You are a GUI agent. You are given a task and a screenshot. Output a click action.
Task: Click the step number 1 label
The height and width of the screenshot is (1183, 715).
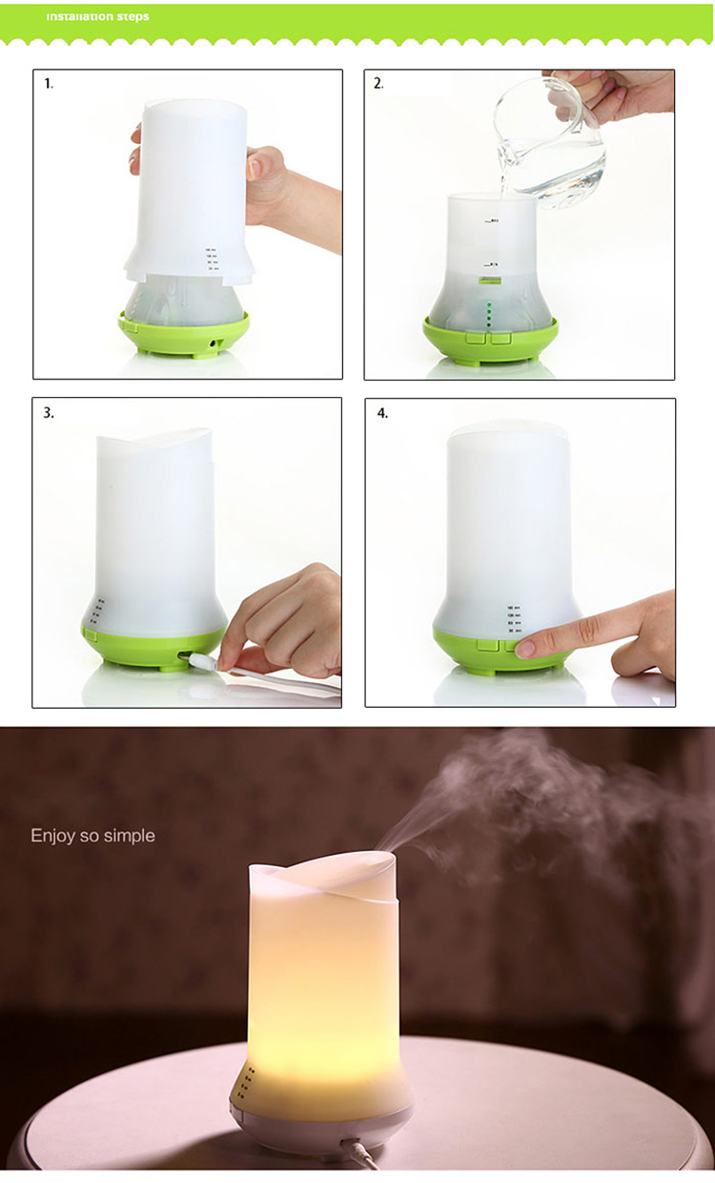pos(49,84)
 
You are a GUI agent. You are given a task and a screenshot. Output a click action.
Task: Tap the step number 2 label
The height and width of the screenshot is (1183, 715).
pos(378,84)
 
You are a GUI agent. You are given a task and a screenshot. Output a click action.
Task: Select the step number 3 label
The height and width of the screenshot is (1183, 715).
pos(49,413)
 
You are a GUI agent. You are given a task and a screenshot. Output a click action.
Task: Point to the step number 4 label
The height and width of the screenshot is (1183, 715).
pos(381,413)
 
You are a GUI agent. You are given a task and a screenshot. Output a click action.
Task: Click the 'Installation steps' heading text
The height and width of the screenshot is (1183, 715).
pos(97,16)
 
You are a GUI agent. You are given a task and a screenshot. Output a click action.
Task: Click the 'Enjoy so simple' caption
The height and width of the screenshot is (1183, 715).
pos(92,836)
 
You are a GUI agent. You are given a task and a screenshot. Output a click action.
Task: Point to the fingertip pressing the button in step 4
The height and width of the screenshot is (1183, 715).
pos(526,649)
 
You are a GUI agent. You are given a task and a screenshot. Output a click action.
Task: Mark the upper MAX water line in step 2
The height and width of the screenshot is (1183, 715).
pos(492,221)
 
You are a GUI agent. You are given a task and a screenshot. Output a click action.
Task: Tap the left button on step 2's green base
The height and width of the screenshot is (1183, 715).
pos(476,336)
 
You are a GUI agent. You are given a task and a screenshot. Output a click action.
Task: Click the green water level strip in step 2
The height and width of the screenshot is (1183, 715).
pos(490,280)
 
